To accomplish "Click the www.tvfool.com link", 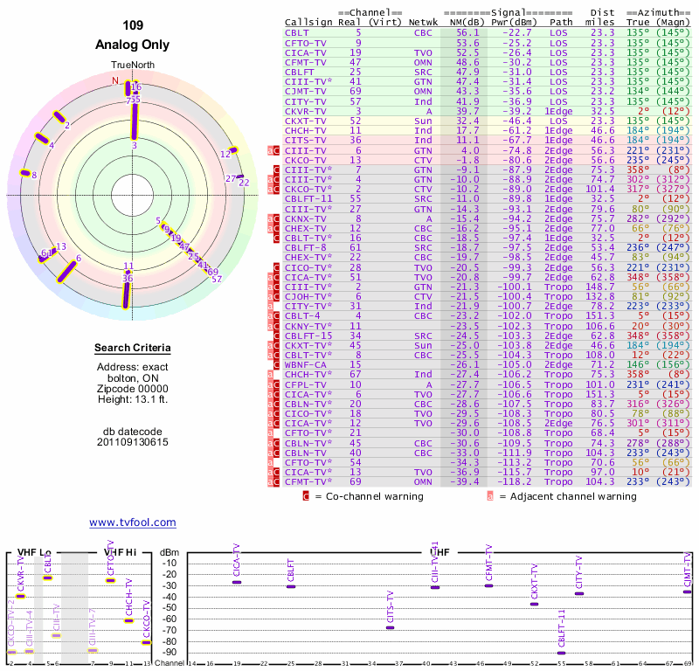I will coord(133,522).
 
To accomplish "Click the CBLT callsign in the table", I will coord(296,32).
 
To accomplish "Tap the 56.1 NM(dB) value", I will coord(467,32).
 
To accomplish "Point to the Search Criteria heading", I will coord(133,349).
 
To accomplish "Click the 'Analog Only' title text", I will coord(133,45).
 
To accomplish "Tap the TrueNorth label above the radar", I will coord(133,66).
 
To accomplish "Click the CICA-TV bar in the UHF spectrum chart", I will coord(237,582).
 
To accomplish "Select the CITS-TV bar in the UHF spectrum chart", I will coord(390,627).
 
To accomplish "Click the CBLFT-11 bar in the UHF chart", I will coord(561,653).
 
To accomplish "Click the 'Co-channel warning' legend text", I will coord(369,496).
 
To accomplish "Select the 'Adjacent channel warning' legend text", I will coord(567,496).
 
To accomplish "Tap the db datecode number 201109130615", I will coord(133,442).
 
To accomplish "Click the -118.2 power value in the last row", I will coord(514,481).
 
